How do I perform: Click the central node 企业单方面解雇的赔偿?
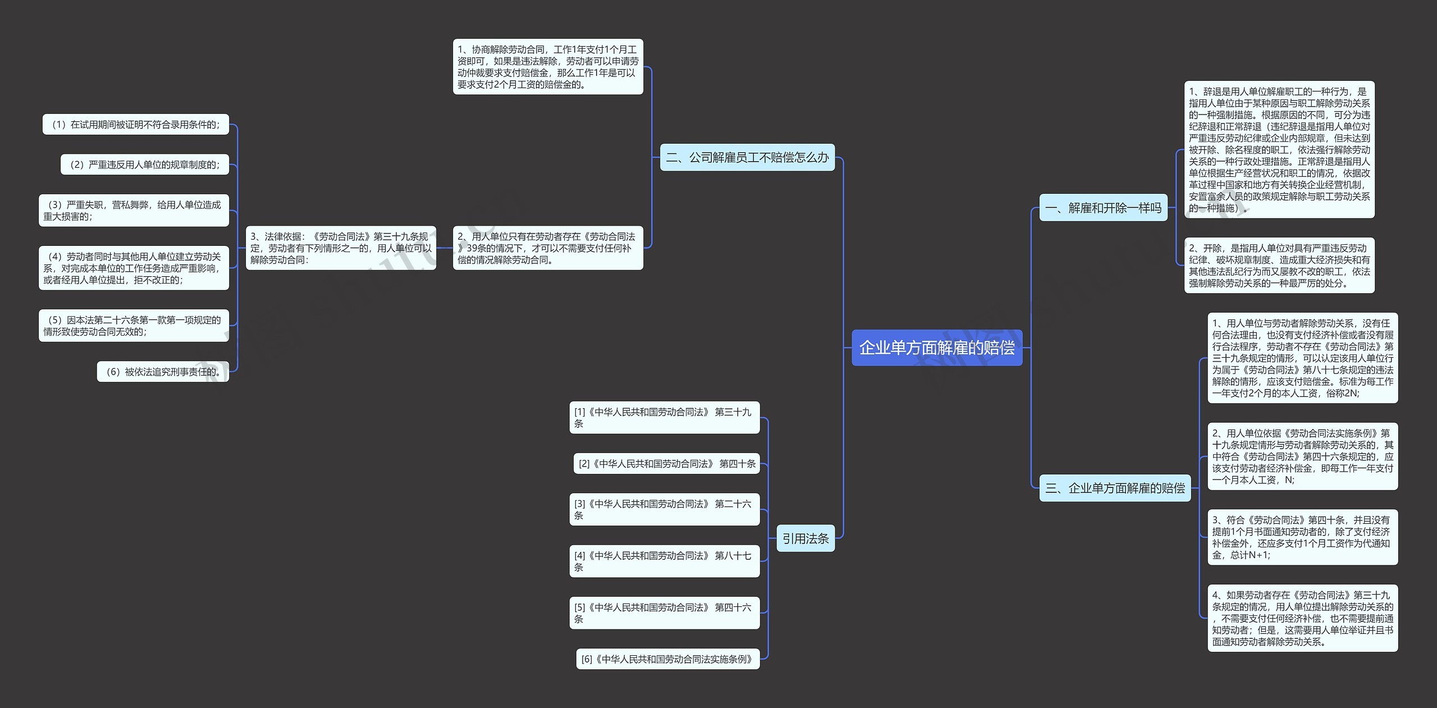936,348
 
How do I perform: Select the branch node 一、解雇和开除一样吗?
1103,208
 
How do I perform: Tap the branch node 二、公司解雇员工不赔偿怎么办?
747,157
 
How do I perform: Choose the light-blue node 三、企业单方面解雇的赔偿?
1115,488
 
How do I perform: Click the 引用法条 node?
806,538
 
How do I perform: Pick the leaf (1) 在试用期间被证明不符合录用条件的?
136,125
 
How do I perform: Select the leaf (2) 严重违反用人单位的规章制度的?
145,165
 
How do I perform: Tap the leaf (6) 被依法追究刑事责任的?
163,372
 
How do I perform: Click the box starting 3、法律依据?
341,248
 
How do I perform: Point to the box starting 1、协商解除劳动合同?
548,67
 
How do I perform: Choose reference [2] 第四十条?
667,464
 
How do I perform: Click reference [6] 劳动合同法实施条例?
667,659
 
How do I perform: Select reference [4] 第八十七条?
665,561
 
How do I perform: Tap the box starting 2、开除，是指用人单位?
1279,266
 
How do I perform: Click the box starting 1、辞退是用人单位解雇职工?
1279,149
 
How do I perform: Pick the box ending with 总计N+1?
1302,537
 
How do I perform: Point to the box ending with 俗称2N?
1302,358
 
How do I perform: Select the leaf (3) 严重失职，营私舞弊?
134,211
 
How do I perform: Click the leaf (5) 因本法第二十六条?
134,326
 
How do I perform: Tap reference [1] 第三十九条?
665,418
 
